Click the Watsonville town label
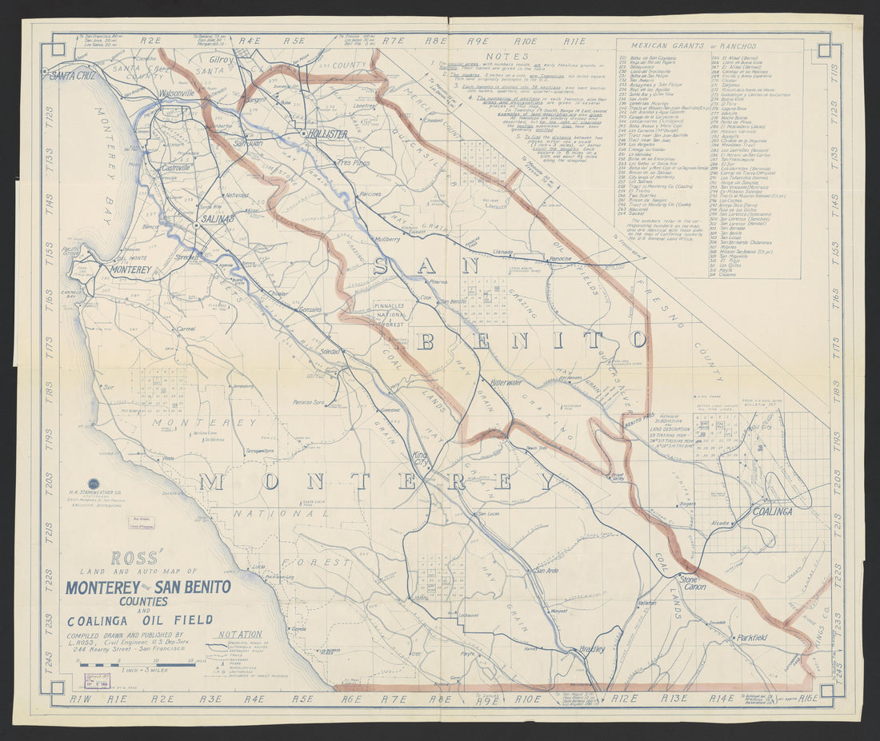[177, 94]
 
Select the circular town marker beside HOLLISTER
[304, 133]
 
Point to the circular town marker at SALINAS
[196, 226]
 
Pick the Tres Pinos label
[353, 162]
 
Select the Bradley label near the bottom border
[592, 650]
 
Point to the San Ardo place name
[546, 571]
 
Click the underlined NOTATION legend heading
[240, 634]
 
